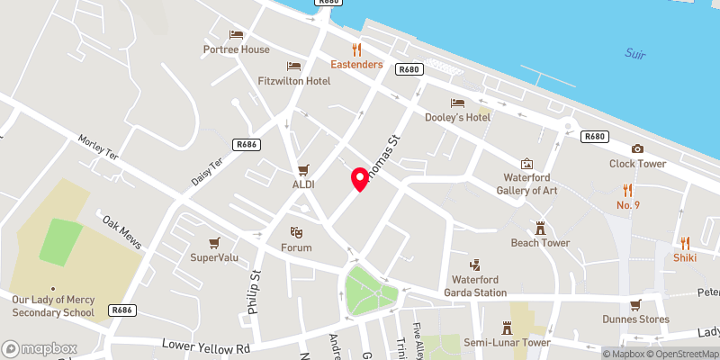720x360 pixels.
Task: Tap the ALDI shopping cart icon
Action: point(303,168)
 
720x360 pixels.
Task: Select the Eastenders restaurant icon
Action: point(356,49)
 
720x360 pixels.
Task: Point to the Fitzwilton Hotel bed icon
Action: point(292,66)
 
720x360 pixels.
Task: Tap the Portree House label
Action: point(237,49)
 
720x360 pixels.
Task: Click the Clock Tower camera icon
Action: point(637,148)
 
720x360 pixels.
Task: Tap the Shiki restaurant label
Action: point(685,256)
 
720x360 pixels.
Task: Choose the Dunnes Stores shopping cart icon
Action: point(636,303)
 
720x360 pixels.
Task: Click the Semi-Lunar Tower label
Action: point(507,342)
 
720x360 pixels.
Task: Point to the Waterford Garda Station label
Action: point(479,285)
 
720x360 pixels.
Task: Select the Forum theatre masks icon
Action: point(294,233)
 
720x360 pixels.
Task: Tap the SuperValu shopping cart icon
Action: point(213,242)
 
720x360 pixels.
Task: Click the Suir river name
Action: point(636,54)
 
